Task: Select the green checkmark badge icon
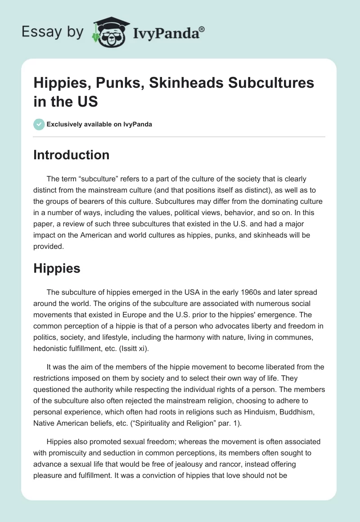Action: tap(40, 124)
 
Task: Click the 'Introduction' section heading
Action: tap(72, 155)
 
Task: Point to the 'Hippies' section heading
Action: tap(57, 268)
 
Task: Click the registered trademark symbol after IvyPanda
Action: tap(202, 29)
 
